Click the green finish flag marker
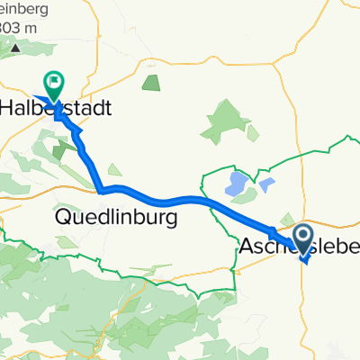(x=54, y=85)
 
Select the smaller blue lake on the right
(x=267, y=186)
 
